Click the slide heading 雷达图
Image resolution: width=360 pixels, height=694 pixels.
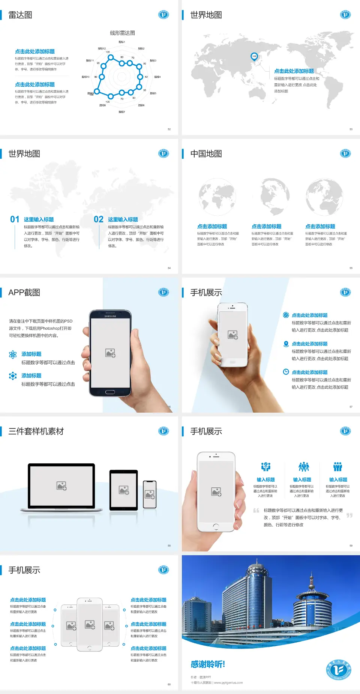[20, 15]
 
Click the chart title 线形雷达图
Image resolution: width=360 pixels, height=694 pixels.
[122, 33]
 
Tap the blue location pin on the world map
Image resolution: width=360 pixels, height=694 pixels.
[254, 56]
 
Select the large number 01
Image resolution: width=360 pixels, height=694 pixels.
[15, 219]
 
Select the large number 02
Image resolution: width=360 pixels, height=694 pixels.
[99, 219]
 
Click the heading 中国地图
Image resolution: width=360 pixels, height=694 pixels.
[206, 154]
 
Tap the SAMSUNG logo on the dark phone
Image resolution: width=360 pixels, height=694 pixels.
[110, 316]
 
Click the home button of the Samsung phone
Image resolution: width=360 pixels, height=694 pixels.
[110, 392]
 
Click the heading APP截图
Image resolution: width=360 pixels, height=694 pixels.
[24, 293]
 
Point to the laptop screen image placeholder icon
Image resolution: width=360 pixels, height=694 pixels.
[61, 486]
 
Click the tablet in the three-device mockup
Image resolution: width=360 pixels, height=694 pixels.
[124, 490]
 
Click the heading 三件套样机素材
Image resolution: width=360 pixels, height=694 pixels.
[36, 431]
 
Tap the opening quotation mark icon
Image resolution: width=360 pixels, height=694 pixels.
[256, 511]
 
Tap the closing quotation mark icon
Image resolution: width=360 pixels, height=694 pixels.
[349, 515]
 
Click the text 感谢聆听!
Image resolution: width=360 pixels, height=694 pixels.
[208, 664]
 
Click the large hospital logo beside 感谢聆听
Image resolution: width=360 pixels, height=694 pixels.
[338, 670]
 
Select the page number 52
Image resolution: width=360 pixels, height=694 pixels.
[169, 129]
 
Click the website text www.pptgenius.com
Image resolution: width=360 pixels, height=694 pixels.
[228, 683]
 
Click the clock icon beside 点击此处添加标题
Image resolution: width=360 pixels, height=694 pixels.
[286, 372]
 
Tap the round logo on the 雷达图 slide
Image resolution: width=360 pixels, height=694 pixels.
[163, 15]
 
